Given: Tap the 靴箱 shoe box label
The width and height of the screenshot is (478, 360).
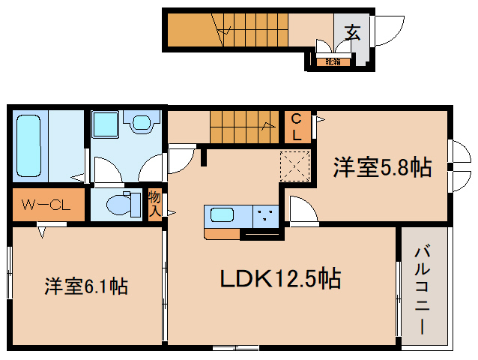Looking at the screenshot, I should [333, 62].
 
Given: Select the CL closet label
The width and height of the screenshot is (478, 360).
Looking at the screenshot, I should [297, 127].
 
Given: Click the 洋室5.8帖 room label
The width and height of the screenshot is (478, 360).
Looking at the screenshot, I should [382, 167].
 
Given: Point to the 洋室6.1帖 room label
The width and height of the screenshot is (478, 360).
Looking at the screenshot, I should [85, 286].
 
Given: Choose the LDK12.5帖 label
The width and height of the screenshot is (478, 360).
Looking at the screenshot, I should [280, 279].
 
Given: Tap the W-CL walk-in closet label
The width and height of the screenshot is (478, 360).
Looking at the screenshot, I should [46, 204].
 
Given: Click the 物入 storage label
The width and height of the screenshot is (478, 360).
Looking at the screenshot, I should [154, 203].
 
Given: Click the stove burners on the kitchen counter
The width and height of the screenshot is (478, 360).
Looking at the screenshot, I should [265, 215].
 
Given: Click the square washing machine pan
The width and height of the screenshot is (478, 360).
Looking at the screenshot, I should [106, 124].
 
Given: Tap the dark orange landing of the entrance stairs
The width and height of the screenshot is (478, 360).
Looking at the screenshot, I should [187, 31].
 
